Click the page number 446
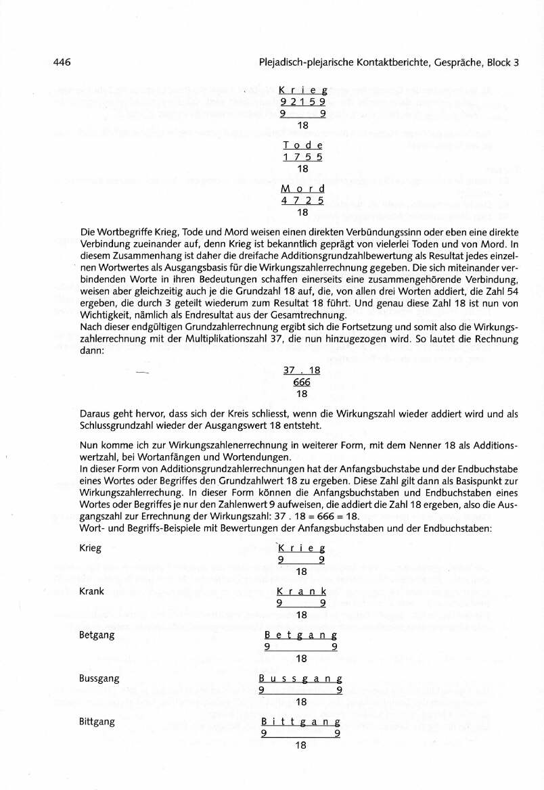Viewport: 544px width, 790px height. coord(62,63)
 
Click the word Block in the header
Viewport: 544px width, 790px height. coord(497,63)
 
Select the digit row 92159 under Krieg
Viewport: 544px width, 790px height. coord(302,102)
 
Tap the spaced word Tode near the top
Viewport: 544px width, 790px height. coord(302,145)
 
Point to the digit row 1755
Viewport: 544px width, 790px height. coord(302,157)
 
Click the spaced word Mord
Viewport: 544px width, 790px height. coord(302,189)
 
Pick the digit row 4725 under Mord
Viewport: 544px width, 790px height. coord(302,200)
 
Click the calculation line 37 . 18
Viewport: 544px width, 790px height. coord(302,371)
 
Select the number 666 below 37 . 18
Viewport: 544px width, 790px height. coord(302,382)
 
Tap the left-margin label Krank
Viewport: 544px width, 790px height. coord(91,591)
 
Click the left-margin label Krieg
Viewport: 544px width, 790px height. coord(90,548)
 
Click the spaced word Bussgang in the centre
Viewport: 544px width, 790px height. coord(301,678)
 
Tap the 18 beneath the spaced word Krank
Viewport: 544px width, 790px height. coord(302,615)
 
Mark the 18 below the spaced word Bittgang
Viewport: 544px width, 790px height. coord(302,745)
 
